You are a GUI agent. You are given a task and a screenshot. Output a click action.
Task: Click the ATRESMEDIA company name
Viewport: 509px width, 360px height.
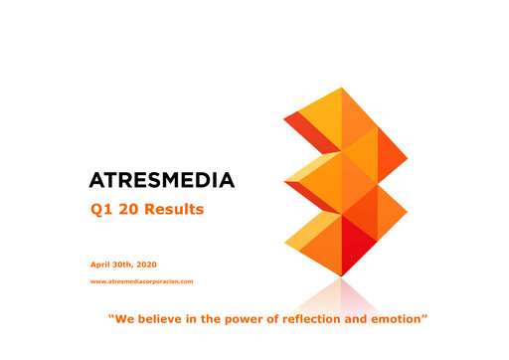pos(161,180)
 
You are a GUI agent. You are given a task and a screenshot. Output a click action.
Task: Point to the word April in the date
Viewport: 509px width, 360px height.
pos(101,264)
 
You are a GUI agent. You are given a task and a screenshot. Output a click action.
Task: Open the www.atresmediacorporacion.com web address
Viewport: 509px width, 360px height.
pos(141,281)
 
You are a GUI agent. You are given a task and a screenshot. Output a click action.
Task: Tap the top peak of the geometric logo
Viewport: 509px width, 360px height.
pos(343,90)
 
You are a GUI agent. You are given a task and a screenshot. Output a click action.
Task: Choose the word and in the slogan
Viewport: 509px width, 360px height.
pos(363,319)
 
